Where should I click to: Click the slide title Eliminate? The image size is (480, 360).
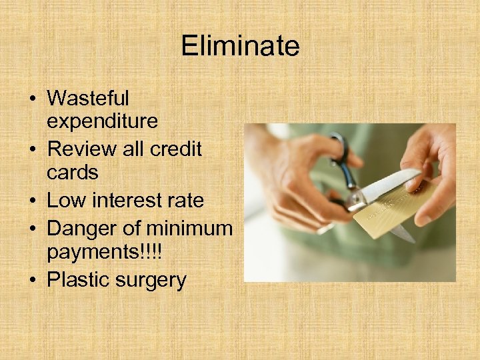(x=240, y=46)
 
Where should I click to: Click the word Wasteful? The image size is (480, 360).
(x=88, y=98)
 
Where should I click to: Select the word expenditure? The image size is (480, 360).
(x=102, y=121)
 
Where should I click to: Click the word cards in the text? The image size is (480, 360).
(x=73, y=173)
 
